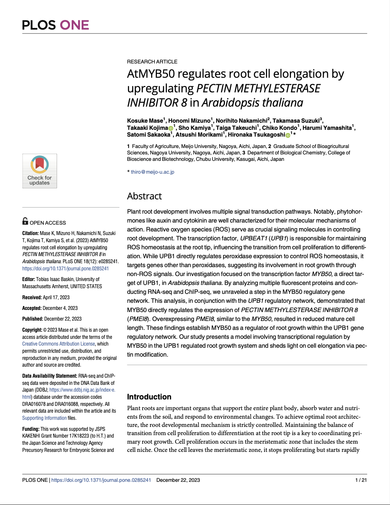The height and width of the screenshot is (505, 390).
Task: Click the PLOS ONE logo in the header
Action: coord(56,25)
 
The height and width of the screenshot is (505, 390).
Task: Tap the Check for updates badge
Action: coord(40,171)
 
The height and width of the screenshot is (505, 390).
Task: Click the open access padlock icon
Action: coord(25,221)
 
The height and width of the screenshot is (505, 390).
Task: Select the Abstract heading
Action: coord(144,196)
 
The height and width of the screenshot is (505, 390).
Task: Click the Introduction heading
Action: coord(149,397)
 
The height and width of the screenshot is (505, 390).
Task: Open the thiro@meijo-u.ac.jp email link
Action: coord(153,172)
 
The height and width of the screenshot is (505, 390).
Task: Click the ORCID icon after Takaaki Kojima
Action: coord(171,128)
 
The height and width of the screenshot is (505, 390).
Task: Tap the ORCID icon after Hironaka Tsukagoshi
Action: coord(288,135)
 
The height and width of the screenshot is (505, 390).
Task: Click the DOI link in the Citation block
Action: coord(65,269)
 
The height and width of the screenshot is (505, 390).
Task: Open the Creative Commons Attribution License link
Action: coord(58,344)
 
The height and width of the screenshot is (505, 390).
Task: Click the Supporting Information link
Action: coord(44,418)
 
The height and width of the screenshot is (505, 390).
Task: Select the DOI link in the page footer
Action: coord(101,480)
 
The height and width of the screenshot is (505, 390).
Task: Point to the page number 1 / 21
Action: coord(361,480)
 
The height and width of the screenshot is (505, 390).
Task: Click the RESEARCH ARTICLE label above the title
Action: coord(152,62)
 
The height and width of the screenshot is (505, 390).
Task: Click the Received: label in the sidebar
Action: coord(32,297)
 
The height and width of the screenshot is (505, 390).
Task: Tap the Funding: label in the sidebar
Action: coord(31,429)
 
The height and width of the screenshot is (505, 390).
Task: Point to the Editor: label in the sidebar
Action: coord(29,279)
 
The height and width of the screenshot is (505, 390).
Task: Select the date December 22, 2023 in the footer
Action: coord(178,480)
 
